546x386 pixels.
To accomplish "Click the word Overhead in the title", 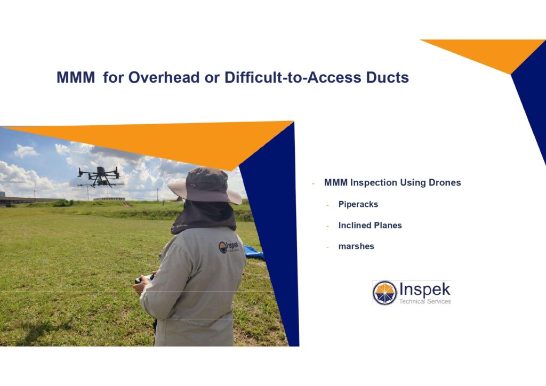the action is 164,77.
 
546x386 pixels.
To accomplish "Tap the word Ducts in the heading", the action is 387,77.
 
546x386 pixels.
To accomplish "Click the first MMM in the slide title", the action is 76,77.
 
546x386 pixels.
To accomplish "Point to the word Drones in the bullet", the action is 445,182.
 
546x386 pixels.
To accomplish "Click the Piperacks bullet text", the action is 358,204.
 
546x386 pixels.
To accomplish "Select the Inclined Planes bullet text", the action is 370,226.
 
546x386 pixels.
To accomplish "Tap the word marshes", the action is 356,246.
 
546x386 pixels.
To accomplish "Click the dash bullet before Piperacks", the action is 328,205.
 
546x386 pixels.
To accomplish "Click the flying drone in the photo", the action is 100,176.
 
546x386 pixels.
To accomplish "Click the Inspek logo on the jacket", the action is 229,247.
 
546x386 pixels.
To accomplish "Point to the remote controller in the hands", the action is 144,279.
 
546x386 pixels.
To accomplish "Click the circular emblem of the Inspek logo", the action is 385,293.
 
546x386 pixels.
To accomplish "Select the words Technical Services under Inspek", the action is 425,301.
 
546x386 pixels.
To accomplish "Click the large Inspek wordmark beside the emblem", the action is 424,289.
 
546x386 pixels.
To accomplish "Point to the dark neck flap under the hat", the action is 204,218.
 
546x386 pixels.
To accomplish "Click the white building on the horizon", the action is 109,199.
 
